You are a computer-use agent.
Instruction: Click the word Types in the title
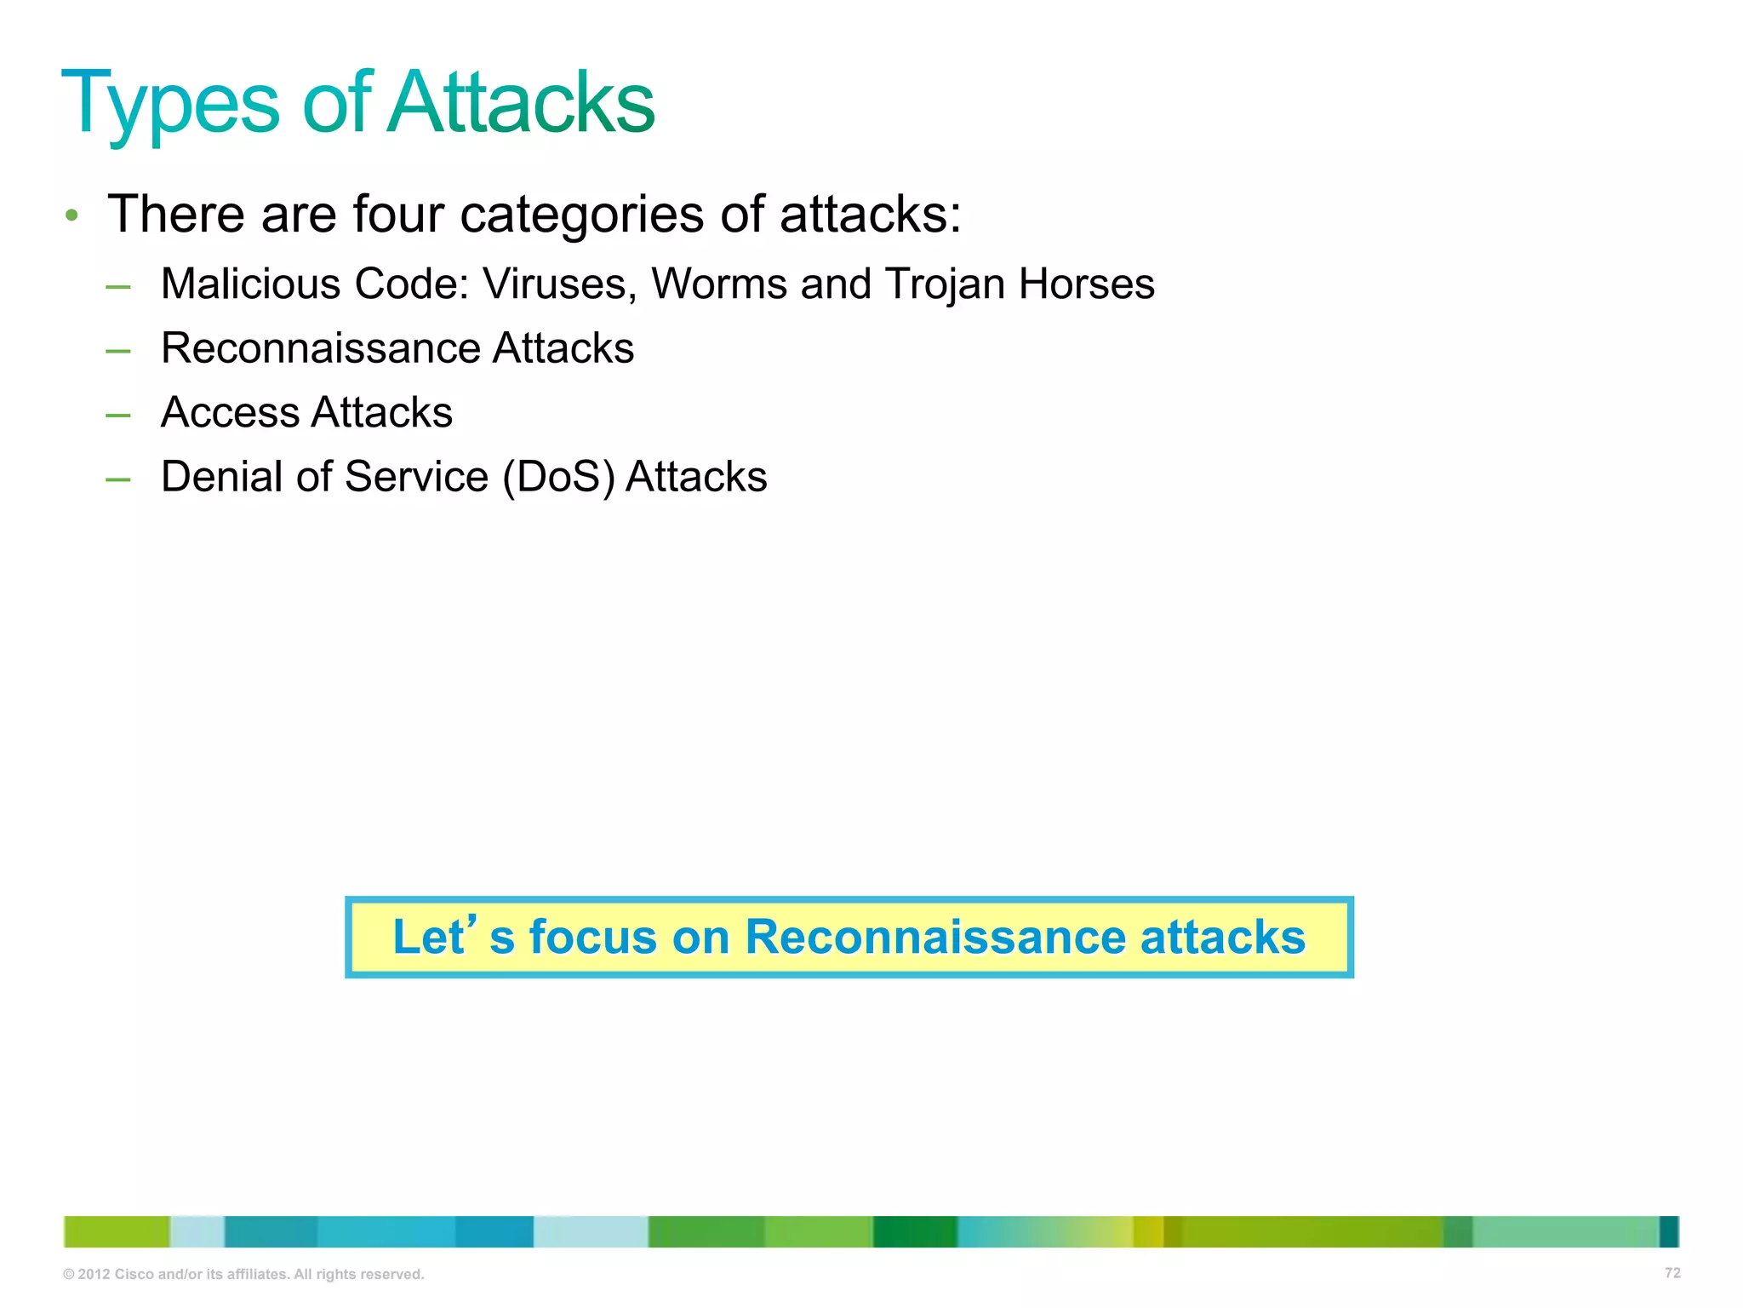pos(170,104)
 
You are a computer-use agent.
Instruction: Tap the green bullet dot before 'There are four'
pos(72,215)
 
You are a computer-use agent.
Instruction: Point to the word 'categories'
pos(582,215)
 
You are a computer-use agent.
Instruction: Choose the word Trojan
pos(945,285)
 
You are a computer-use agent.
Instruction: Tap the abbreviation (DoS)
pos(558,477)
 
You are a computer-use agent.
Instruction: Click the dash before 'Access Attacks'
pos(118,415)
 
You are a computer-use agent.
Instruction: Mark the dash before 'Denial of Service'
pos(118,479)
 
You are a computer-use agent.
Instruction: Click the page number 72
pos(1672,1272)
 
